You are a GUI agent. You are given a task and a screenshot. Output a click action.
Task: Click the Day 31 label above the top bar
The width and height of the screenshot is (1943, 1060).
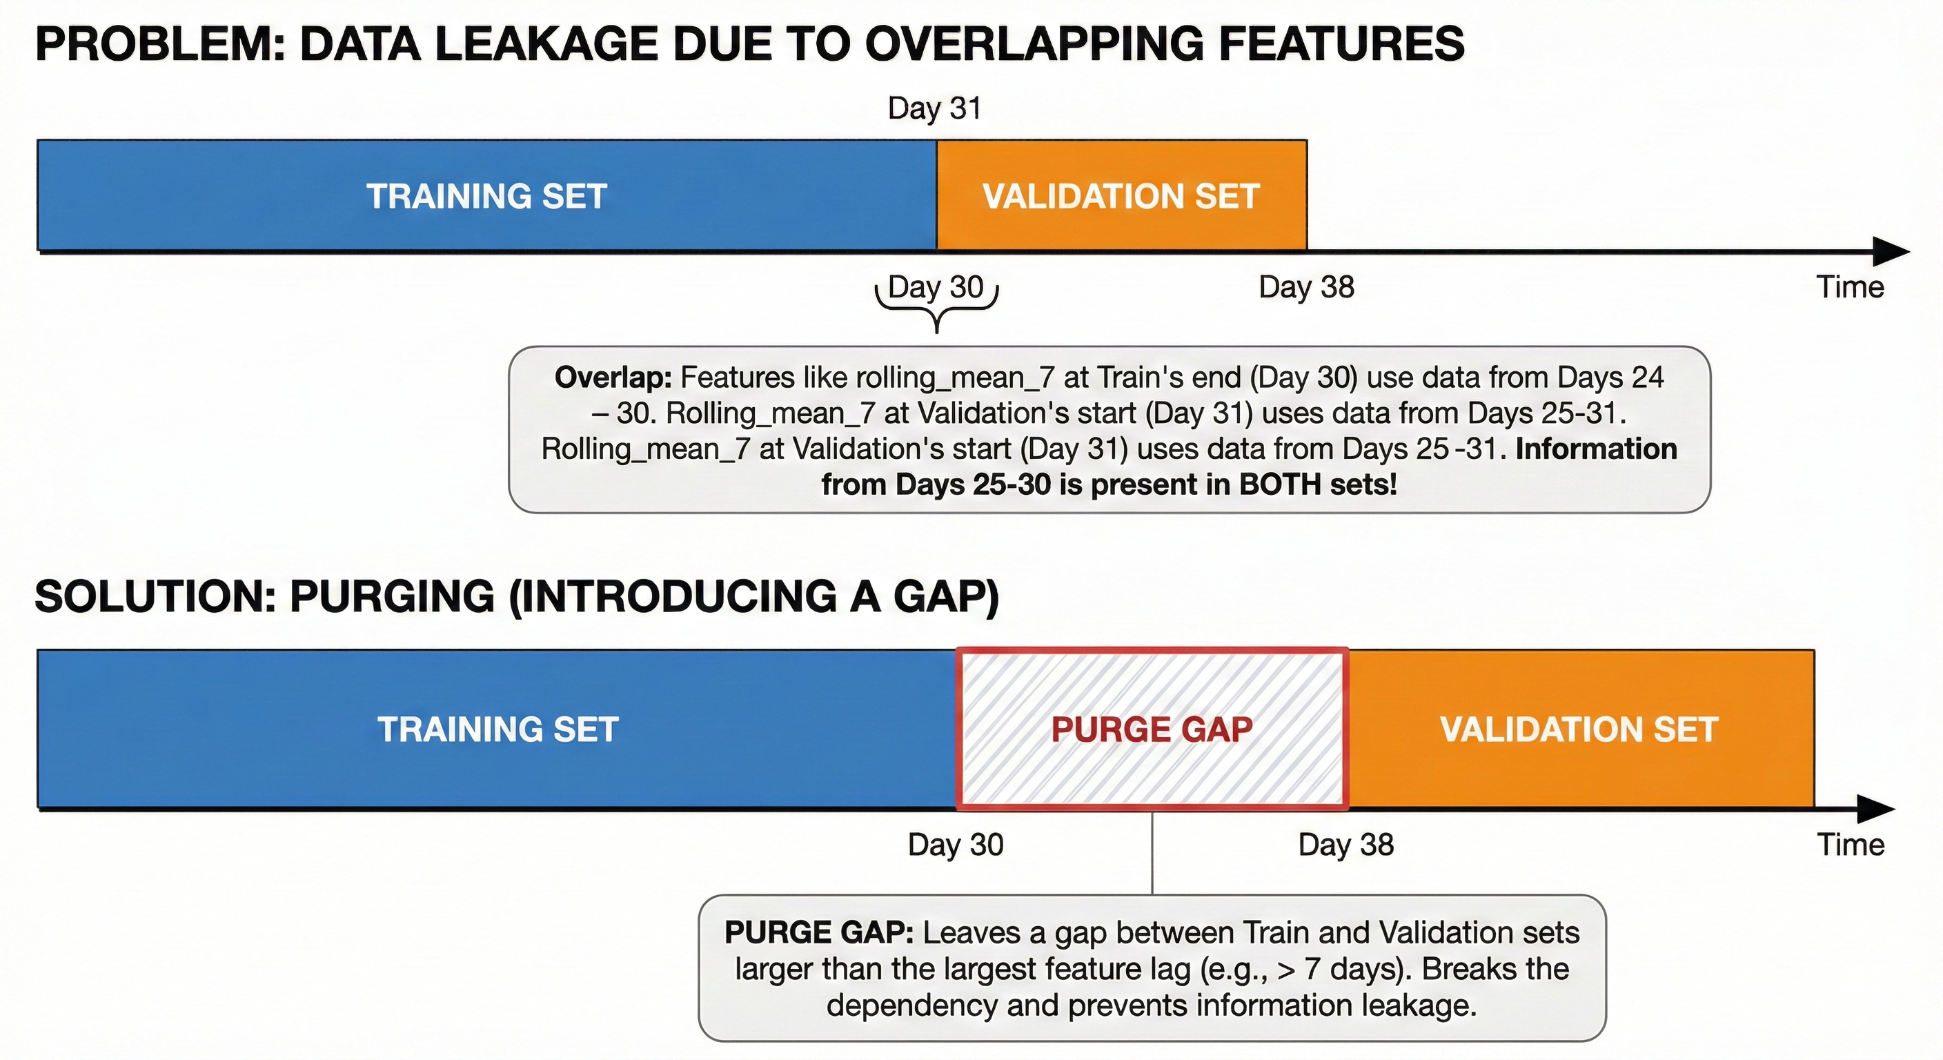934,108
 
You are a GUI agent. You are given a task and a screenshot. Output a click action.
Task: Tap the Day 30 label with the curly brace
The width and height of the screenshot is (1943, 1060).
936,288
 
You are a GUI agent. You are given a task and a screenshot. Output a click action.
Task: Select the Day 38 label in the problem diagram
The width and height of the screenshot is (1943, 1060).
1306,288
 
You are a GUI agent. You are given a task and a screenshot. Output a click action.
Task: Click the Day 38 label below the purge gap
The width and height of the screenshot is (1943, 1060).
1345,845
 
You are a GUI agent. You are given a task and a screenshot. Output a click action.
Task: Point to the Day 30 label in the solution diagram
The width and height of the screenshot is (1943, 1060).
956,845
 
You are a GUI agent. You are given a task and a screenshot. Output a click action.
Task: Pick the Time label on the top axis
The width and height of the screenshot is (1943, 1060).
1849,288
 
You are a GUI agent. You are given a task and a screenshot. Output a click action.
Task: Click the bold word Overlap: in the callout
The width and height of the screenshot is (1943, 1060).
613,377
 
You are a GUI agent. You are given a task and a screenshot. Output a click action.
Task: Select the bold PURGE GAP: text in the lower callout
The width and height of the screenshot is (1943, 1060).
819,933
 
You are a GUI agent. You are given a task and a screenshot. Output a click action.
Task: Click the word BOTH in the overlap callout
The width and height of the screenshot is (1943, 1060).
1281,484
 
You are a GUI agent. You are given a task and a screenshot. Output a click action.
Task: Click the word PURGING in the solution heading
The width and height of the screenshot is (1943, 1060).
392,596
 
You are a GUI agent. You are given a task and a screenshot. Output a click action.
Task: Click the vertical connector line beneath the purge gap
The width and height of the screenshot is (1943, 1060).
1152,852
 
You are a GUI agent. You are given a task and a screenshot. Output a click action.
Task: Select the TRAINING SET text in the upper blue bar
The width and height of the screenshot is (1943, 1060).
486,196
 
